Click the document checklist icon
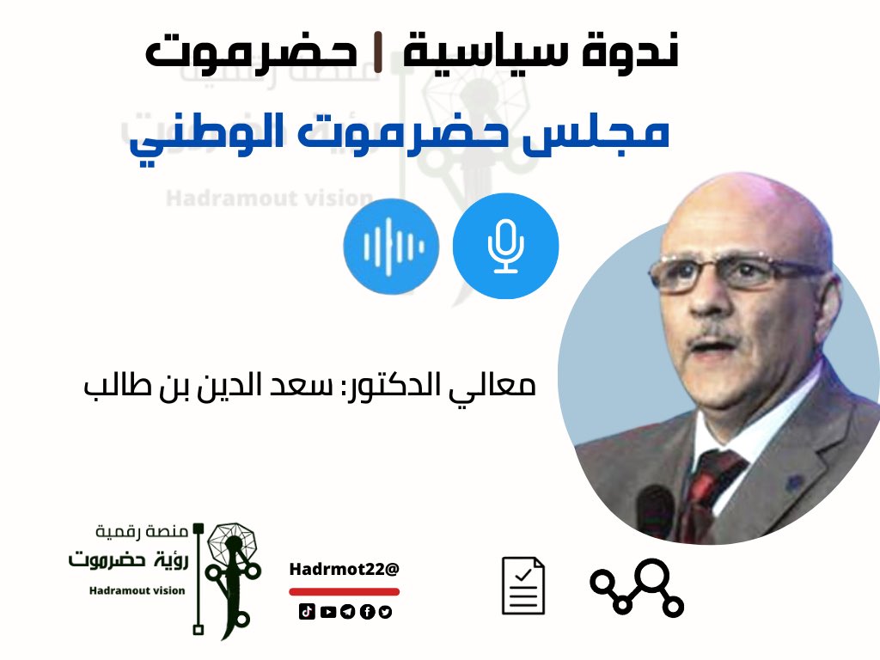(523, 585)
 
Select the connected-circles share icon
(637, 588)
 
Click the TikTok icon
(306, 612)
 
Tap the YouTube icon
(327, 612)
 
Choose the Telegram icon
(346, 612)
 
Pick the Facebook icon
(366, 612)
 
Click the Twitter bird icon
(385, 612)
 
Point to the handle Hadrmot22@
(345, 569)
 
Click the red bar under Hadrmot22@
(344, 591)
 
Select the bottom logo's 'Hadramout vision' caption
(137, 590)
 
